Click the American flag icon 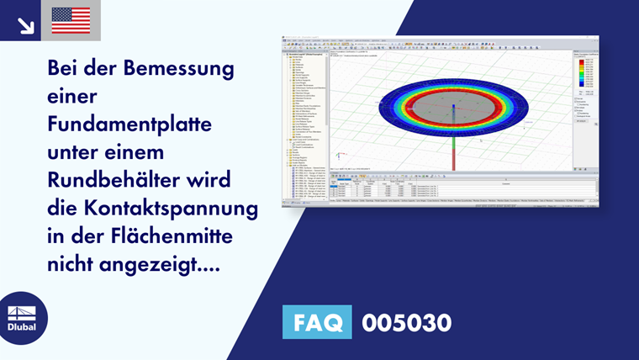pos(71,20)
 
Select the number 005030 pos(406,322)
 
